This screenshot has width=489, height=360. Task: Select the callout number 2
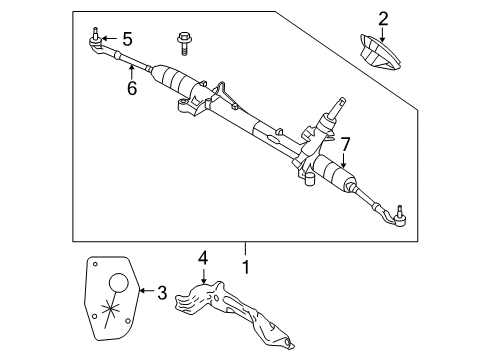pos(382,18)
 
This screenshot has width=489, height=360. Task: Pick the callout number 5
pos(126,41)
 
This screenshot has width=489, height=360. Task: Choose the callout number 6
pos(131,87)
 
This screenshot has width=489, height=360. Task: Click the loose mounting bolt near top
pos(185,41)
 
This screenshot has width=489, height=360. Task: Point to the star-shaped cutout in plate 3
pos(115,305)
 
